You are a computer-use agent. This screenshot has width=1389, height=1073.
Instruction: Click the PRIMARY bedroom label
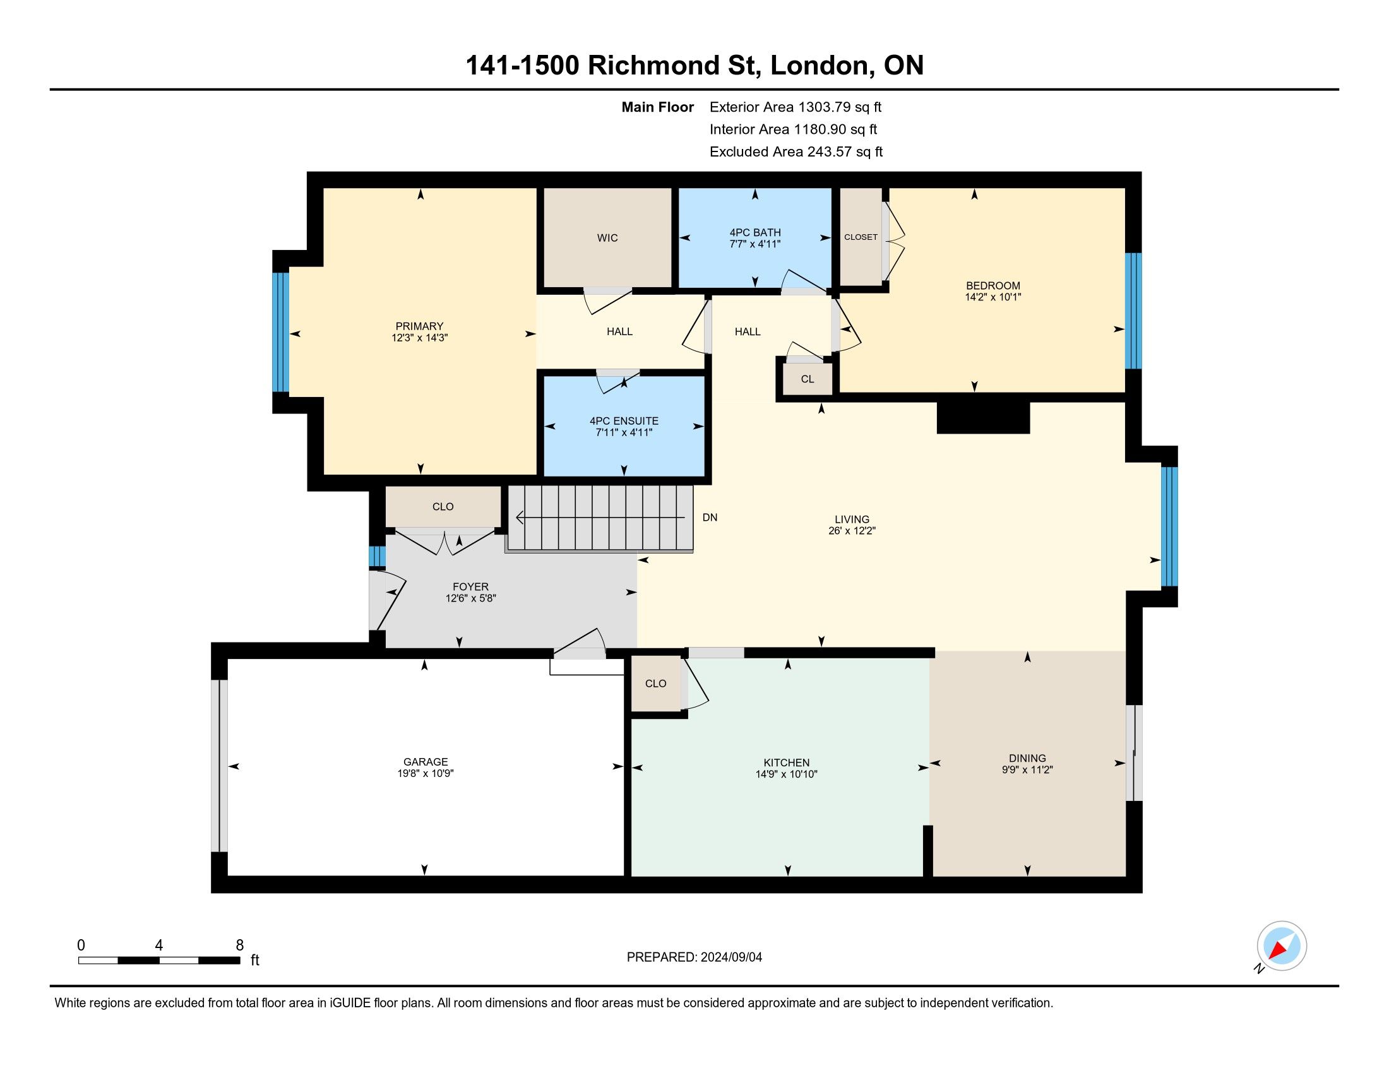419,326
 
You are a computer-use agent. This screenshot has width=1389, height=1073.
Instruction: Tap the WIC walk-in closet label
607,238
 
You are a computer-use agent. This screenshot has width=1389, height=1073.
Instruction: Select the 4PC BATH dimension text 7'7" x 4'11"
755,244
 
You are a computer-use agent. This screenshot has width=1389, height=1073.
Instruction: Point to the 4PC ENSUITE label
624,421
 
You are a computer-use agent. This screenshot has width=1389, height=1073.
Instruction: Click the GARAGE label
426,762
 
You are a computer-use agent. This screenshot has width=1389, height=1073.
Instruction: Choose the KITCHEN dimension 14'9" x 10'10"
787,774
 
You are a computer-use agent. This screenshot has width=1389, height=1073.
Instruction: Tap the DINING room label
1027,757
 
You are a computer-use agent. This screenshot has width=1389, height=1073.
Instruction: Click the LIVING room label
852,519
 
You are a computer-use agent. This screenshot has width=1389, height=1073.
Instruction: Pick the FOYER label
470,587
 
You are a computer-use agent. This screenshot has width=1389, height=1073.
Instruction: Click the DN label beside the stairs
710,518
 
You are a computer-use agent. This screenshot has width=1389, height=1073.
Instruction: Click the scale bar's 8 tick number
240,946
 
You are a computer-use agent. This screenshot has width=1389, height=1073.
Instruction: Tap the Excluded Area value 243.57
830,152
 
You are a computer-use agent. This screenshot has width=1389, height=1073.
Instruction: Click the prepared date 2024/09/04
730,957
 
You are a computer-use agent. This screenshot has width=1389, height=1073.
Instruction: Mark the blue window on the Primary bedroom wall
280,332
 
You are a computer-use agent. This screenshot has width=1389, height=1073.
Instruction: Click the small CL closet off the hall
807,379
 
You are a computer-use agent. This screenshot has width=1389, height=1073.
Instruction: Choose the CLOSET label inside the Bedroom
861,237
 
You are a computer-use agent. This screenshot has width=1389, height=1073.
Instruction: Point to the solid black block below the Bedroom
983,418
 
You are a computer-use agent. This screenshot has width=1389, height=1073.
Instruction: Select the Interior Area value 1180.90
820,129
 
